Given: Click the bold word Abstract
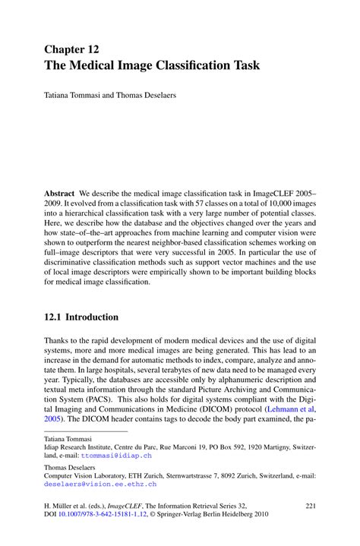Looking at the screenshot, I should (x=59, y=194).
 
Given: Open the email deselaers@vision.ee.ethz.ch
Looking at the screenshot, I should (x=100, y=483).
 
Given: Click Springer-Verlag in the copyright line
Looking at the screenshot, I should (x=210, y=516).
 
